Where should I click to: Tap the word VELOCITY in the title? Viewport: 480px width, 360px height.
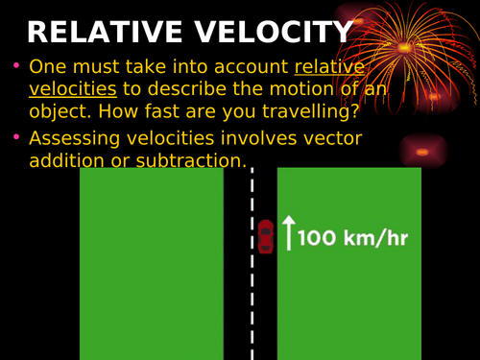273,33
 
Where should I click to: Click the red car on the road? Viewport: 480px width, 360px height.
266,236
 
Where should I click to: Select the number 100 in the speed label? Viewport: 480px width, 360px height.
321,237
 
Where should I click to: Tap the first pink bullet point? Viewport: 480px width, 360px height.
15,66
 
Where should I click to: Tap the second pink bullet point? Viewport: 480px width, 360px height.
15,137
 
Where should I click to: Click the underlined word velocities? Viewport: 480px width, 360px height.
73,89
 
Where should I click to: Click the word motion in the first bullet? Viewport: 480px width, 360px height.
260,89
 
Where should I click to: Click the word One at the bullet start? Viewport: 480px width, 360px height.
47,66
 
